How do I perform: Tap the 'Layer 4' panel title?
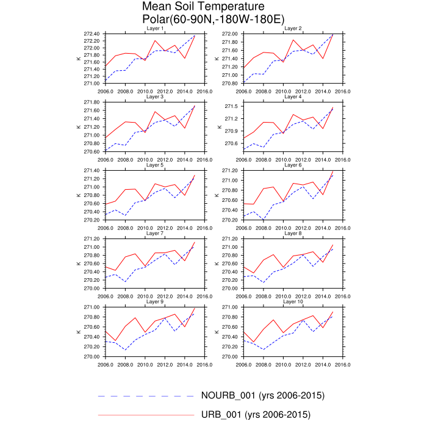293,97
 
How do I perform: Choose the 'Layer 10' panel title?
293,302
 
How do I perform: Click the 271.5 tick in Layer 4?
232,106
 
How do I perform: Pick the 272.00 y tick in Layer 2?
230,34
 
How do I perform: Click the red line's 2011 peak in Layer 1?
155,41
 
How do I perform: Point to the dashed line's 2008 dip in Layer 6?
264,220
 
